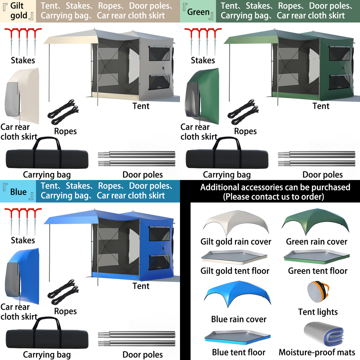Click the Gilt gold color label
(x=18, y=10)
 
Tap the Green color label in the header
(x=198, y=12)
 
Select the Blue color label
(x=18, y=192)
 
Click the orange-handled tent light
(x=318, y=293)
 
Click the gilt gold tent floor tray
(x=234, y=257)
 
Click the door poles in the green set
(x=317, y=158)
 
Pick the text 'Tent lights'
(x=318, y=312)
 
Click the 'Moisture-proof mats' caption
(x=317, y=352)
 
